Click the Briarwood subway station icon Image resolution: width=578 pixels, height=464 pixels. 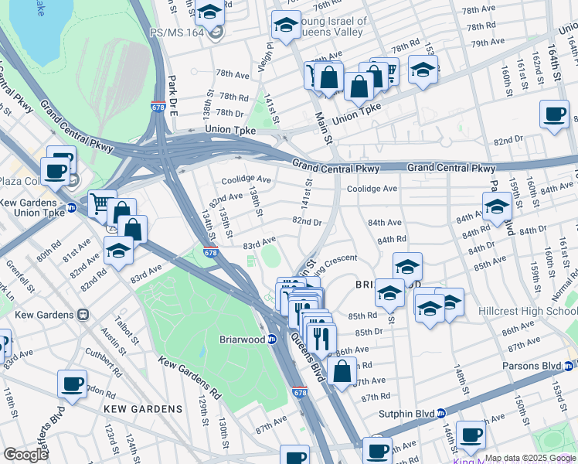click(x=272, y=339)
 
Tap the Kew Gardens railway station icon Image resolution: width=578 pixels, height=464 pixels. click(x=83, y=315)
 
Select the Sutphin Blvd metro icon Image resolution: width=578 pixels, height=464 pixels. click(x=440, y=414)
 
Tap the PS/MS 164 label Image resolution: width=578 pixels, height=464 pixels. click(x=178, y=32)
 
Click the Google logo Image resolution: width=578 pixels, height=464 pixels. click(x=25, y=455)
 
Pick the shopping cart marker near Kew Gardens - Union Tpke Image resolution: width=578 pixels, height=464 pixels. click(x=101, y=203)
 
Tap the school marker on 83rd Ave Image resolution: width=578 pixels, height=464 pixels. click(x=117, y=250)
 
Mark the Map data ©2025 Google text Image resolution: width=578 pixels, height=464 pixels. click(x=530, y=458)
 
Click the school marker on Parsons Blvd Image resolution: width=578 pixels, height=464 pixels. click(x=496, y=206)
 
